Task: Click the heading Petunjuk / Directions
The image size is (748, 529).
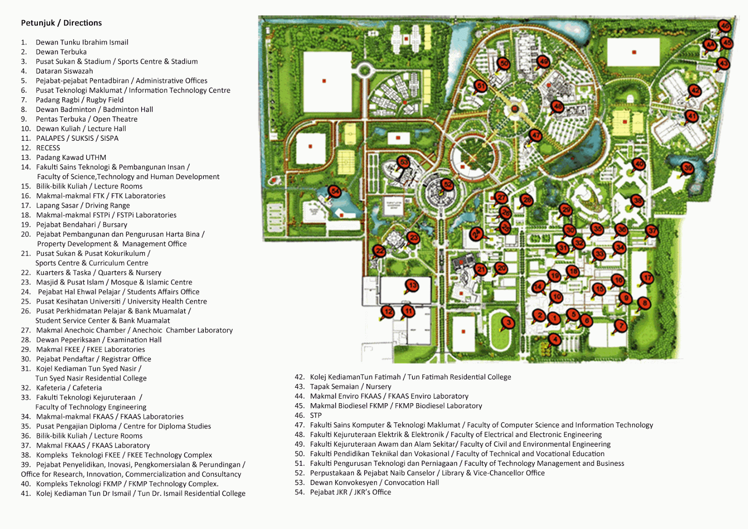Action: pos(61,23)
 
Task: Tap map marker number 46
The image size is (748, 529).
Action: pos(724,26)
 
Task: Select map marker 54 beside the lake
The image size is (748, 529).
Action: pos(334,191)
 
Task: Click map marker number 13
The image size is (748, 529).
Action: pos(412,285)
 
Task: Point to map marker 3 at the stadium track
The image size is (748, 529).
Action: pos(508,322)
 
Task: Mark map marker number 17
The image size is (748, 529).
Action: pos(647,277)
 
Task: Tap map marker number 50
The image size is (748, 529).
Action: pos(503,64)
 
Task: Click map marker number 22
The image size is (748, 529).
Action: pos(380,251)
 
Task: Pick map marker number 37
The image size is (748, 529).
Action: pos(652,231)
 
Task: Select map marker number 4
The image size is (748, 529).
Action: pos(555,339)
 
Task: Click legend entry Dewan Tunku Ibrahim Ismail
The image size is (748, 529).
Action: pos(82,42)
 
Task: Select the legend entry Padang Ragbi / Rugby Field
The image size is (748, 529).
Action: pos(79,100)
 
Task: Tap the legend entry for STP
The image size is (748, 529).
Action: pos(316,415)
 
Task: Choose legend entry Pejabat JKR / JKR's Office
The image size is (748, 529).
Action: pos(350,492)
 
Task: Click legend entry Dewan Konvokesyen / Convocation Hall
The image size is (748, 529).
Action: pos(374,483)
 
